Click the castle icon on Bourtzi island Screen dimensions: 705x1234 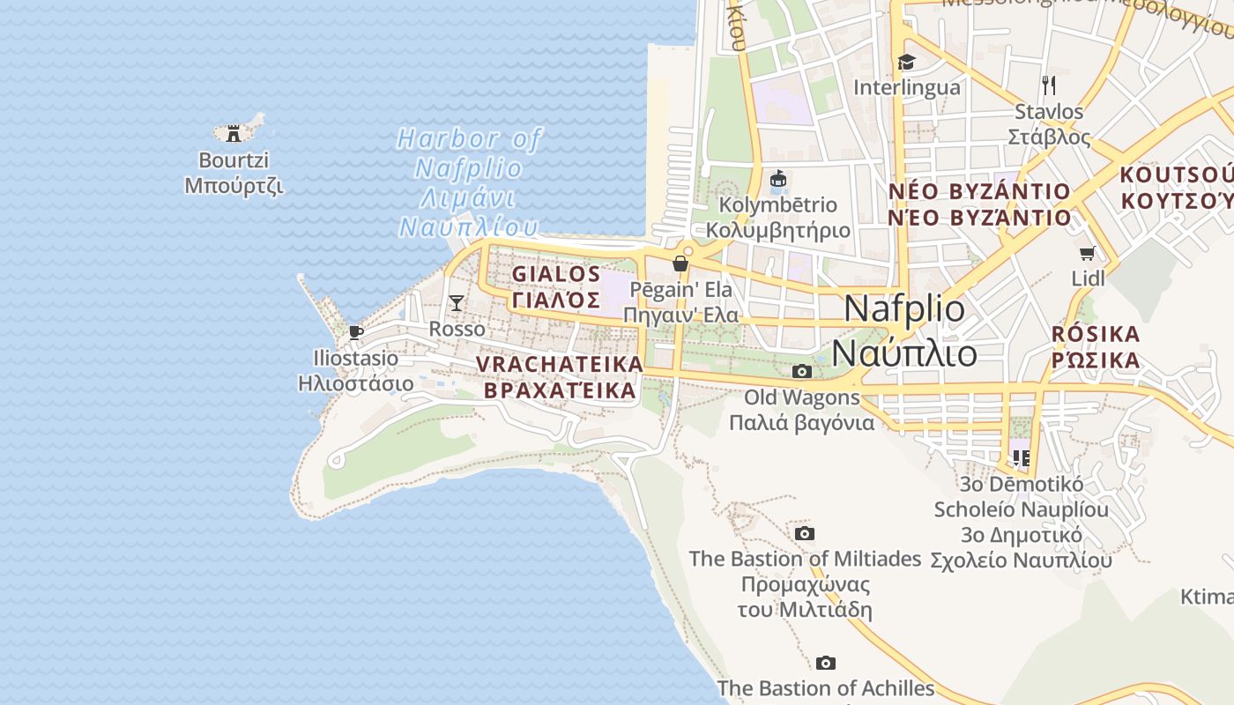(x=234, y=134)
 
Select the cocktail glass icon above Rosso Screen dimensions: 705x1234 (x=456, y=303)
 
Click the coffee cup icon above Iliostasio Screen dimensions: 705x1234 (x=355, y=332)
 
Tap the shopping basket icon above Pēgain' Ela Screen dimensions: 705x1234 (x=680, y=263)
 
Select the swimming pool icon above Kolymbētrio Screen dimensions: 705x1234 (x=777, y=179)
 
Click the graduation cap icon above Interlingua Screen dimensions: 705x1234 (x=906, y=62)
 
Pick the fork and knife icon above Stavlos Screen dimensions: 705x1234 (x=1049, y=85)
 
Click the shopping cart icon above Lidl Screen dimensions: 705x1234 (x=1088, y=253)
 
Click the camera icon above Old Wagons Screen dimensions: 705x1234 (x=801, y=371)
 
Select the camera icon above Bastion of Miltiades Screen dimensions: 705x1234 (x=804, y=533)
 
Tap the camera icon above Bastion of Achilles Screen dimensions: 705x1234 (x=825, y=663)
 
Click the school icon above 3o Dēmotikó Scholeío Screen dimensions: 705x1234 (x=1021, y=457)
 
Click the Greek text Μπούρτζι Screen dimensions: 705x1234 (x=234, y=186)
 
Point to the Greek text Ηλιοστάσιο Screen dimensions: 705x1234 (x=355, y=383)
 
